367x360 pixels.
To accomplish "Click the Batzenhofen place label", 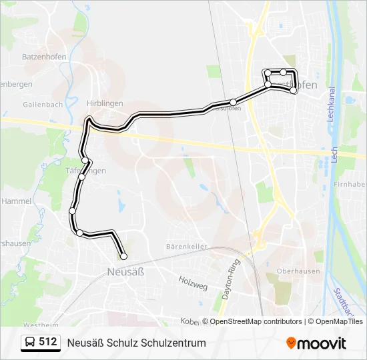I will click(x=44, y=57).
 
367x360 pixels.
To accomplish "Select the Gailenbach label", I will click(x=43, y=105).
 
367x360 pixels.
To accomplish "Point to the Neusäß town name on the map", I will click(x=125, y=271).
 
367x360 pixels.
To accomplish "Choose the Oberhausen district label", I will click(x=298, y=271).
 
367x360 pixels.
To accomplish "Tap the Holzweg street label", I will click(x=194, y=282).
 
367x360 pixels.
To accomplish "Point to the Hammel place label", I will click(x=16, y=201).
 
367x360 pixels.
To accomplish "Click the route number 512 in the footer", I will click(x=47, y=342).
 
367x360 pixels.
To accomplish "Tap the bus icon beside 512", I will click(x=30, y=343).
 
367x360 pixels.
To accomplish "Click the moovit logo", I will click(x=316, y=343).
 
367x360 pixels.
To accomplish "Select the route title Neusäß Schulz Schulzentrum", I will click(x=136, y=343).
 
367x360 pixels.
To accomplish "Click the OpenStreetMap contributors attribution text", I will click(x=256, y=321).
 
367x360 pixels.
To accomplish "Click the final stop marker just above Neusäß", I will click(x=123, y=256).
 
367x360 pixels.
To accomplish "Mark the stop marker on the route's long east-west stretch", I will click(x=233, y=102).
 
